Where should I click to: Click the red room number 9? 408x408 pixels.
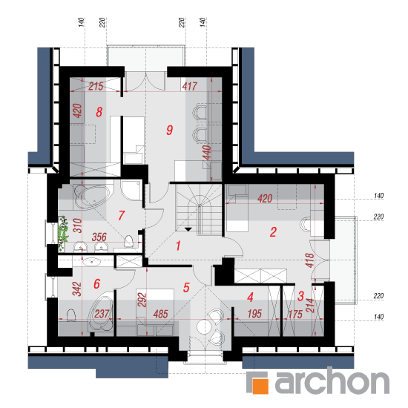pos(170,130)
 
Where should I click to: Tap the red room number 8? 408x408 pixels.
pos(99,112)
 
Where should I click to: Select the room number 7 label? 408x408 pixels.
pos(122,216)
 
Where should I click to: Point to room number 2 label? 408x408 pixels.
pos(273,232)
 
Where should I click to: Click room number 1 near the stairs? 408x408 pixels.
pos(178,246)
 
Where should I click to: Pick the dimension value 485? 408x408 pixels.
pos(160,315)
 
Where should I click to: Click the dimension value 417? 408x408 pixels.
pos(190,86)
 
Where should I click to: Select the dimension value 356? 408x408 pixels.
pos(99,237)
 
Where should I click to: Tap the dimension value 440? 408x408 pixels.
pos(207,153)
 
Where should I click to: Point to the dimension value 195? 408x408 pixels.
pos(254,314)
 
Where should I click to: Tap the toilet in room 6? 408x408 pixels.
pos(71,315)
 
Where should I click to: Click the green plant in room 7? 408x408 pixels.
pos(63,232)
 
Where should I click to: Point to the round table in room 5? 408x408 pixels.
pos(205,326)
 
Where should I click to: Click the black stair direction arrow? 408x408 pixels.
pos(188,229)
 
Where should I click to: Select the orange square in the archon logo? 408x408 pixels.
pos(260,386)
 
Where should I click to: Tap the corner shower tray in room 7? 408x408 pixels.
pos(131,191)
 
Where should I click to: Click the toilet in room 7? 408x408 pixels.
pos(129,242)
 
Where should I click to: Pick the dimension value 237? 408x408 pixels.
pos(102,314)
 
